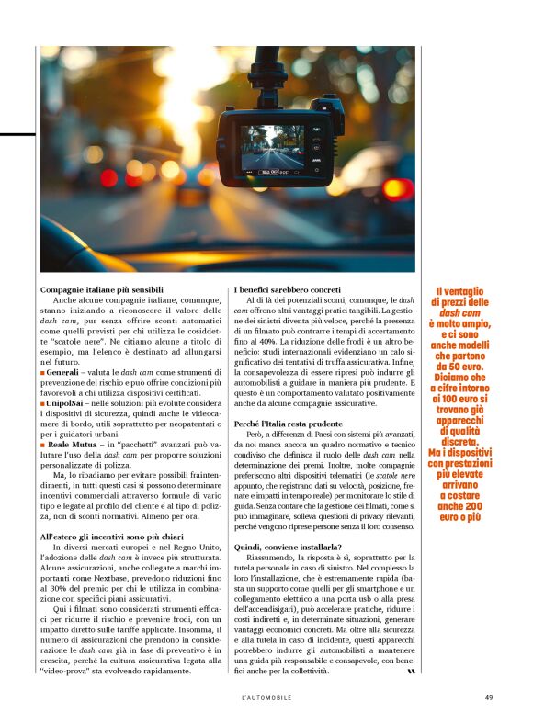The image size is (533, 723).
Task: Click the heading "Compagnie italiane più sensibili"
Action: tap(101, 289)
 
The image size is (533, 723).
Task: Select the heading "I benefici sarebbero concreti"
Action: tap(288, 289)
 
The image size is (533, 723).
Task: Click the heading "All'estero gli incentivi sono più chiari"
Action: tap(113, 535)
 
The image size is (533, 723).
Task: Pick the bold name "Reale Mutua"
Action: tap(72, 444)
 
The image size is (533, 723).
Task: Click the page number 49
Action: tap(488, 697)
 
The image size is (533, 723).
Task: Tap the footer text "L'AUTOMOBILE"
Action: tap(266, 697)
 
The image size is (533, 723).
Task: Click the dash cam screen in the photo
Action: tap(272, 149)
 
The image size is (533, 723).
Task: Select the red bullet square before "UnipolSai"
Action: tap(42, 402)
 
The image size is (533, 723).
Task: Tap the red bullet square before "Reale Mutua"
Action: tap(42, 445)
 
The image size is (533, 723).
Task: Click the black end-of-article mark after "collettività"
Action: tap(411, 672)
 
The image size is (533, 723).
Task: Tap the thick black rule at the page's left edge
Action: tap(17, 134)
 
